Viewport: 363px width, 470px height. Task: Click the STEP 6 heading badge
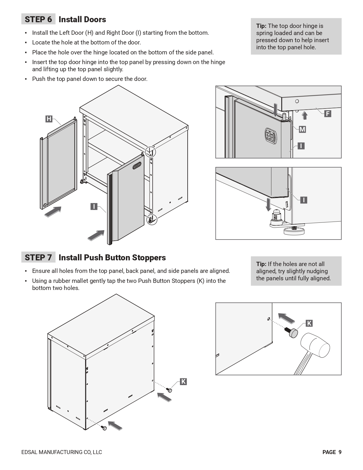click(38, 19)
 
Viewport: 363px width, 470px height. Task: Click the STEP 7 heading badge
click(38, 258)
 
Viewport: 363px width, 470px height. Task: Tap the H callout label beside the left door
click(49, 119)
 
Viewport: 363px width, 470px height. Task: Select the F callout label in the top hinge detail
click(328, 114)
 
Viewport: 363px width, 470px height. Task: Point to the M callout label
click(302, 130)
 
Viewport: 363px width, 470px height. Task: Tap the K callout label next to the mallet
click(309, 323)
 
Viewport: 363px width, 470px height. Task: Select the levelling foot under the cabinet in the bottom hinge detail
click(294, 230)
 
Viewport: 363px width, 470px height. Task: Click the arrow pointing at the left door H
click(53, 212)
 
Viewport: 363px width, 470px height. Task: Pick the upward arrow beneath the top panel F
click(305, 115)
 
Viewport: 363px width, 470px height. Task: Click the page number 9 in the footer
click(340, 452)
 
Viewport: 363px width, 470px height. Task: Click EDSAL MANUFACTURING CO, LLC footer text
click(61, 452)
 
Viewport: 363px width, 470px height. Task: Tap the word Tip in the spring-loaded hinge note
click(261, 26)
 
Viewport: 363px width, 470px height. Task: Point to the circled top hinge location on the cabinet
click(151, 152)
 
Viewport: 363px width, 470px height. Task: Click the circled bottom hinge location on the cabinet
click(151, 220)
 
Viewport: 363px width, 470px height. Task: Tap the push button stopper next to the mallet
click(293, 333)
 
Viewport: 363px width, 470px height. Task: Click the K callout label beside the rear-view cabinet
click(183, 382)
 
